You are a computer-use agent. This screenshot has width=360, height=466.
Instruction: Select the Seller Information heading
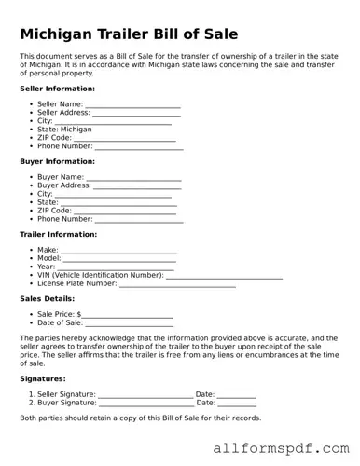pyautogui.click(x=57, y=89)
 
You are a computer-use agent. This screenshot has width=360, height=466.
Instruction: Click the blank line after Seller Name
pyautogui.click(x=132, y=105)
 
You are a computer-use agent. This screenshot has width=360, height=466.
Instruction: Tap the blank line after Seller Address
pyautogui.click(x=138, y=114)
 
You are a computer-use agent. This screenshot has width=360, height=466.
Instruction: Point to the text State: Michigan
pyautogui.click(x=64, y=130)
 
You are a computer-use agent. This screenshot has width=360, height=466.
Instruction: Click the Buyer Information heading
pyautogui.click(x=57, y=161)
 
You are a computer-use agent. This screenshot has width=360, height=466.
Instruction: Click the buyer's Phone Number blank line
pyautogui.click(x=139, y=220)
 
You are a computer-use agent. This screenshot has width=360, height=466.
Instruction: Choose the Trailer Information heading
pyautogui.click(x=58, y=235)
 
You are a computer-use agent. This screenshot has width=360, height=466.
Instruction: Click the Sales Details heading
pyautogui.click(x=48, y=299)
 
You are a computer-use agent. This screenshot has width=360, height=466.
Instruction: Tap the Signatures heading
pyautogui.click(x=43, y=379)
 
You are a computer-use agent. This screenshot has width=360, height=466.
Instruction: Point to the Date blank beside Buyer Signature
pyautogui.click(x=237, y=404)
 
